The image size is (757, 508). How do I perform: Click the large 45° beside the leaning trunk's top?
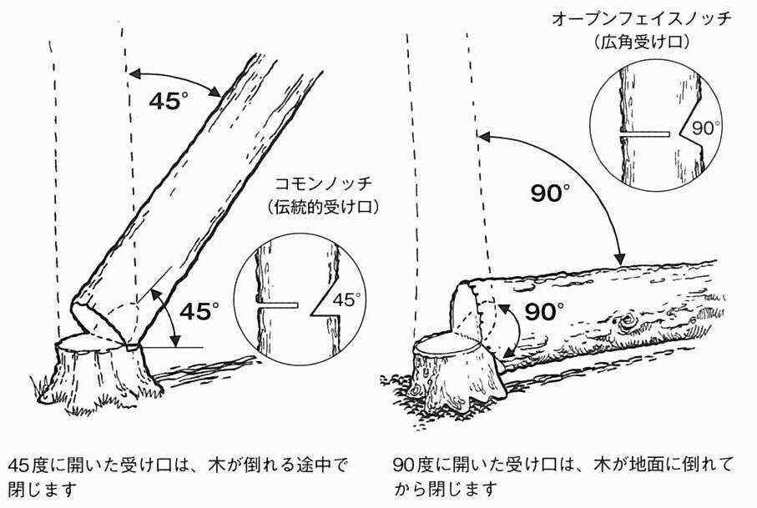pyautogui.click(x=169, y=102)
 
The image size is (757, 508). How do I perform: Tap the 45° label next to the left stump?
pyautogui.click(x=199, y=311)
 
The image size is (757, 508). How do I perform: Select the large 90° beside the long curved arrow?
pyautogui.click(x=552, y=194)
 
